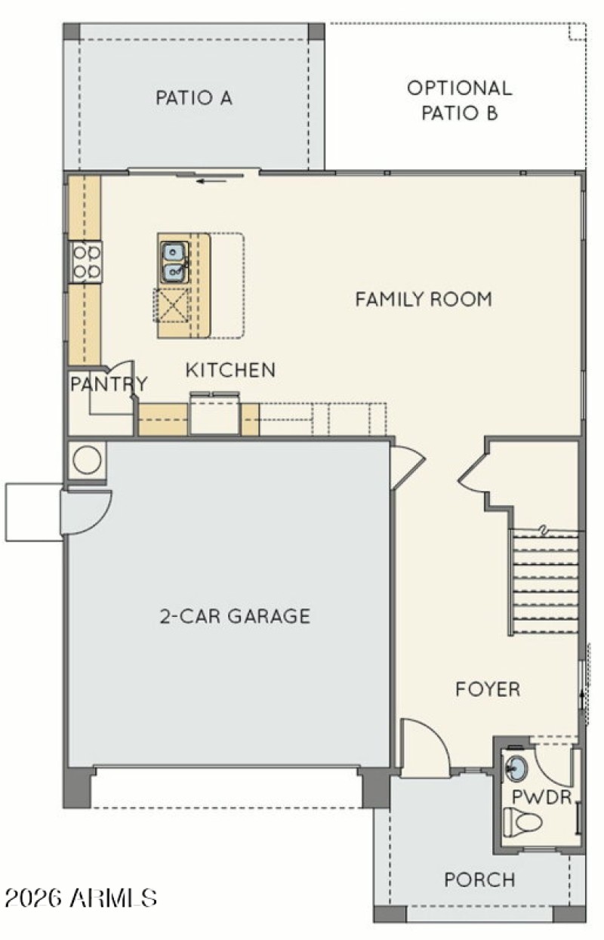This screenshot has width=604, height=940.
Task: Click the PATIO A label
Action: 194,97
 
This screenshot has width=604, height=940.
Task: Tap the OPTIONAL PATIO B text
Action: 459,100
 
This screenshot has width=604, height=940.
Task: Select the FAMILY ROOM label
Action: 424,299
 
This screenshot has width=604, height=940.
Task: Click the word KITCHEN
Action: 230,370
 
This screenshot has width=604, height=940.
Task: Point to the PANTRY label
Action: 108,384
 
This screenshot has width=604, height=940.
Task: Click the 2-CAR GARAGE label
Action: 235,616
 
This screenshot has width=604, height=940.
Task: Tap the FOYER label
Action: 488,689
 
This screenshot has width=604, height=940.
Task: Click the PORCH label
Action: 479,880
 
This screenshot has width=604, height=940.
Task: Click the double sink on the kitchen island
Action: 174,261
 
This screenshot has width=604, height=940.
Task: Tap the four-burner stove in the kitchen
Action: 86,261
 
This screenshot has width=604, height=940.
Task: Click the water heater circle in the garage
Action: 87,460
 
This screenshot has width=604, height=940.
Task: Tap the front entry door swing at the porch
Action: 423,747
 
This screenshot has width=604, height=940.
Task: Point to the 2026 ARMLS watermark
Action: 81,898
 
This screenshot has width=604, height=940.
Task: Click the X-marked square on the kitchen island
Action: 173,305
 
